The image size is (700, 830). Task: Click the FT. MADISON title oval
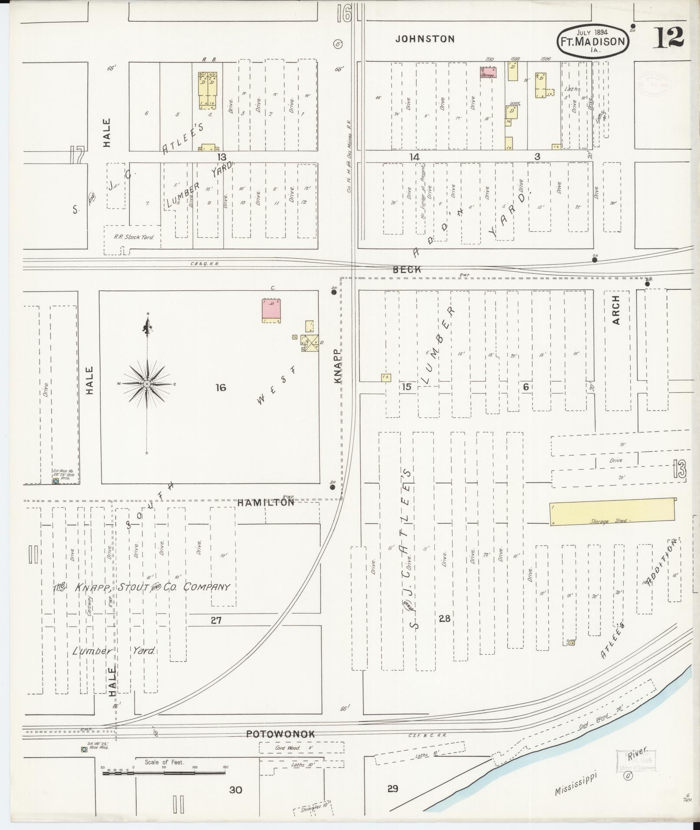pos(593,41)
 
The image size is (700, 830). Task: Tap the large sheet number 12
pos(669,37)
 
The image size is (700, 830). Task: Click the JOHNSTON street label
pos(425,39)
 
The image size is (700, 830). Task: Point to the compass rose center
pos(148,384)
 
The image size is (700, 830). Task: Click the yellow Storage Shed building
pos(612,512)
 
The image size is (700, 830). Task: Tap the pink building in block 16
pos(271,309)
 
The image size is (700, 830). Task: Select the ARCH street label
pos(616,310)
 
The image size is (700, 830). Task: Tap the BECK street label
pos(407,269)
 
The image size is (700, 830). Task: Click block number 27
pos(216,620)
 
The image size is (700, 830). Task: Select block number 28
pos(444,619)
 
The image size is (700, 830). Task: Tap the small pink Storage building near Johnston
pos(488,72)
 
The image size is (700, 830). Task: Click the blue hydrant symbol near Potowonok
pos(84,749)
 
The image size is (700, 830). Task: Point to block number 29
pos(392,788)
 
